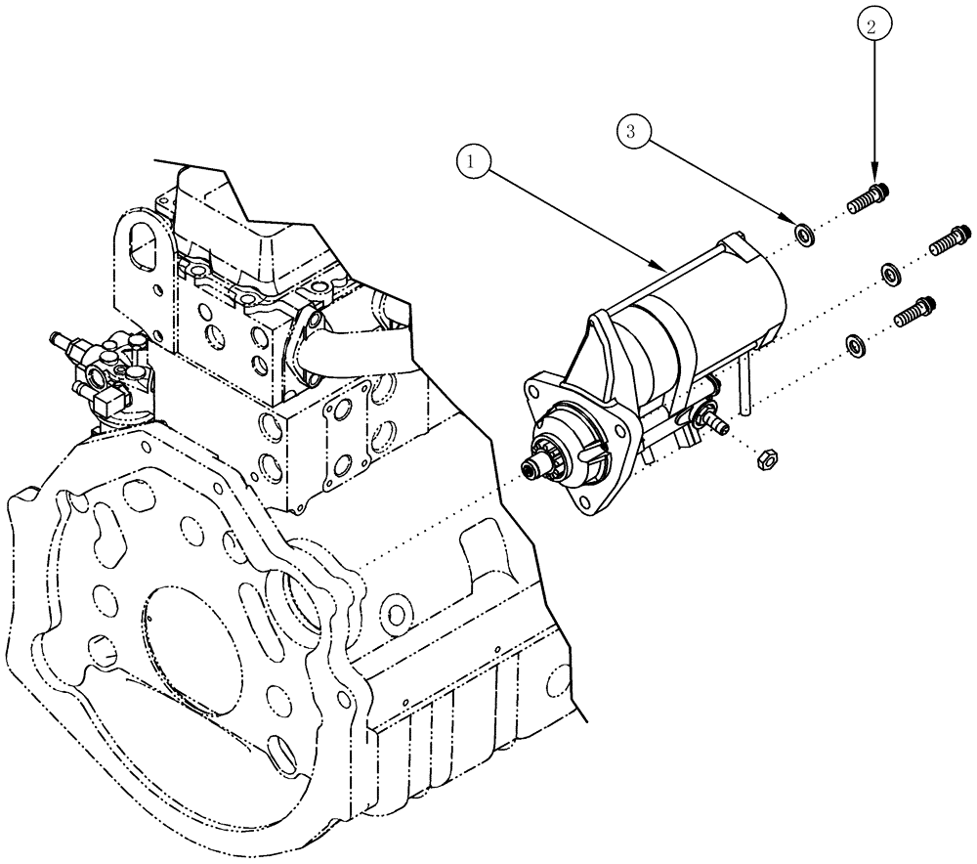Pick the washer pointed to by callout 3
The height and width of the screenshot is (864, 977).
click(806, 235)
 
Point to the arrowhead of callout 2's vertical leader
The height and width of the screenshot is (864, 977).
click(873, 178)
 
